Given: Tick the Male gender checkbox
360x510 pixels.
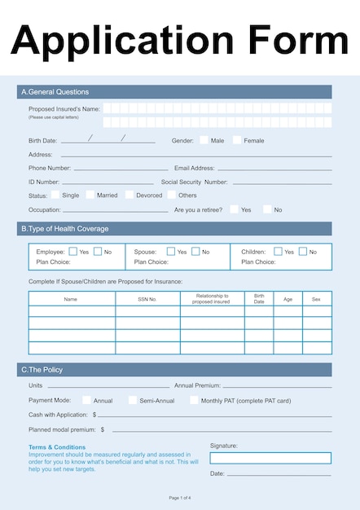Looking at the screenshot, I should tap(204, 140).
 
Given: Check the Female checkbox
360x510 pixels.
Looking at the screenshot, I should tap(236, 140).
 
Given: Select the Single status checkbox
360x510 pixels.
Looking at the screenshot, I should tap(55, 195).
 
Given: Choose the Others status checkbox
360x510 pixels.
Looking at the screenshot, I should tap(172, 195).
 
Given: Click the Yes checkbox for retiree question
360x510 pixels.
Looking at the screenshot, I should tap(234, 209).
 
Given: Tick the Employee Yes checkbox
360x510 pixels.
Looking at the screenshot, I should tap(73, 252).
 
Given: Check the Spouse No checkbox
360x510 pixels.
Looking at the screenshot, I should tap(195, 252).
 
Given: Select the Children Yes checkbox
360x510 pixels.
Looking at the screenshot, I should tap(278, 252).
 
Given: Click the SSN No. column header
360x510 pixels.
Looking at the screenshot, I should tap(147, 299).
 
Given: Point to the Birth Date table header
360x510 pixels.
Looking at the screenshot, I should tap(259, 299).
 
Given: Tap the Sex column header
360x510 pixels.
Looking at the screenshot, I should tap(317, 299).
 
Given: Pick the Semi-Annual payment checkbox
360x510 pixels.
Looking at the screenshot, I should tap(133, 400).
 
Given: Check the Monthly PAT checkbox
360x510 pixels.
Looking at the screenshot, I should tap(194, 400).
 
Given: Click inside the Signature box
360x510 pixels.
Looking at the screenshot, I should tap(270, 458).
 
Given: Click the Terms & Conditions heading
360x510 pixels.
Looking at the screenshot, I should tap(57, 447).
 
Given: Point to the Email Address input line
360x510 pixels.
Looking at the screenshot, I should tap(274, 169).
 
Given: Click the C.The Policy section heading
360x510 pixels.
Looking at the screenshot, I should tap(42, 370).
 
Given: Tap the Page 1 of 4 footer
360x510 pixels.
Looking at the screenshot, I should tap(180, 498).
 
